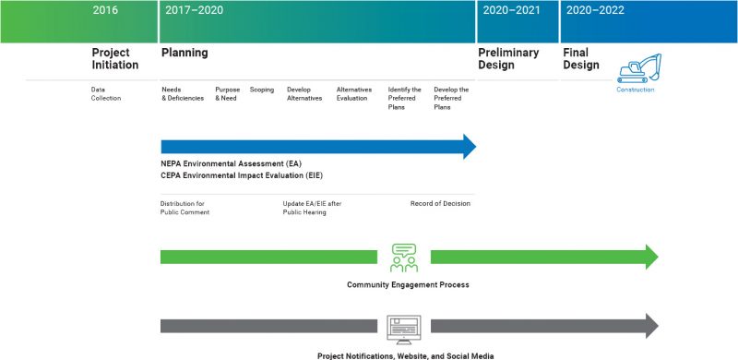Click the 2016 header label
(107, 10)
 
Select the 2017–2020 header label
(194, 10)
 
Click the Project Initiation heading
(115, 59)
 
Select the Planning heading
(184, 54)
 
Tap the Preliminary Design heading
(508, 59)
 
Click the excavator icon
(638, 67)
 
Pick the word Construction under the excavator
(636, 90)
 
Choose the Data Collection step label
(106, 93)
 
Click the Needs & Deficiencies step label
(182, 93)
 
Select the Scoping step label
(262, 90)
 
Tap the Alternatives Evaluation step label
(355, 93)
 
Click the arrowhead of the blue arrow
(469, 147)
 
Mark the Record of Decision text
(440, 203)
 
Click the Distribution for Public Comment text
(185, 208)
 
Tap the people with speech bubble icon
(404, 257)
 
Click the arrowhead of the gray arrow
(650, 326)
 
